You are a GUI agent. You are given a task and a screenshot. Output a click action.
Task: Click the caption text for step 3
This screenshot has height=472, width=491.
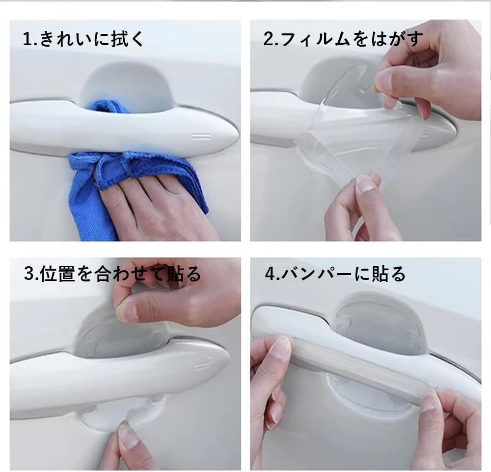[x=112, y=274]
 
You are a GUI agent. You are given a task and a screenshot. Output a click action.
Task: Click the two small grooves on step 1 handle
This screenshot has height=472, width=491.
[x=201, y=136]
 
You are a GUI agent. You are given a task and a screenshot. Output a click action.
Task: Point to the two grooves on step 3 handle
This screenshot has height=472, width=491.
[x=201, y=366]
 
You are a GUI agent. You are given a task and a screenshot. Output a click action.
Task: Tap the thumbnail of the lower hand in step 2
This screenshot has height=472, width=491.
[x=366, y=184]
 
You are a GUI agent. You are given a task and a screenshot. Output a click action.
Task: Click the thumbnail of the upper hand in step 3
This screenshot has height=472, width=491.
[x=127, y=311]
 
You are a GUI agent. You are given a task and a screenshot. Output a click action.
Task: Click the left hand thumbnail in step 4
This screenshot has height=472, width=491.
[x=280, y=349]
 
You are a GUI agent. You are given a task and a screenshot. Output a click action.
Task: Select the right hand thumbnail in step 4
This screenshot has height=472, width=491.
[x=429, y=401]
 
